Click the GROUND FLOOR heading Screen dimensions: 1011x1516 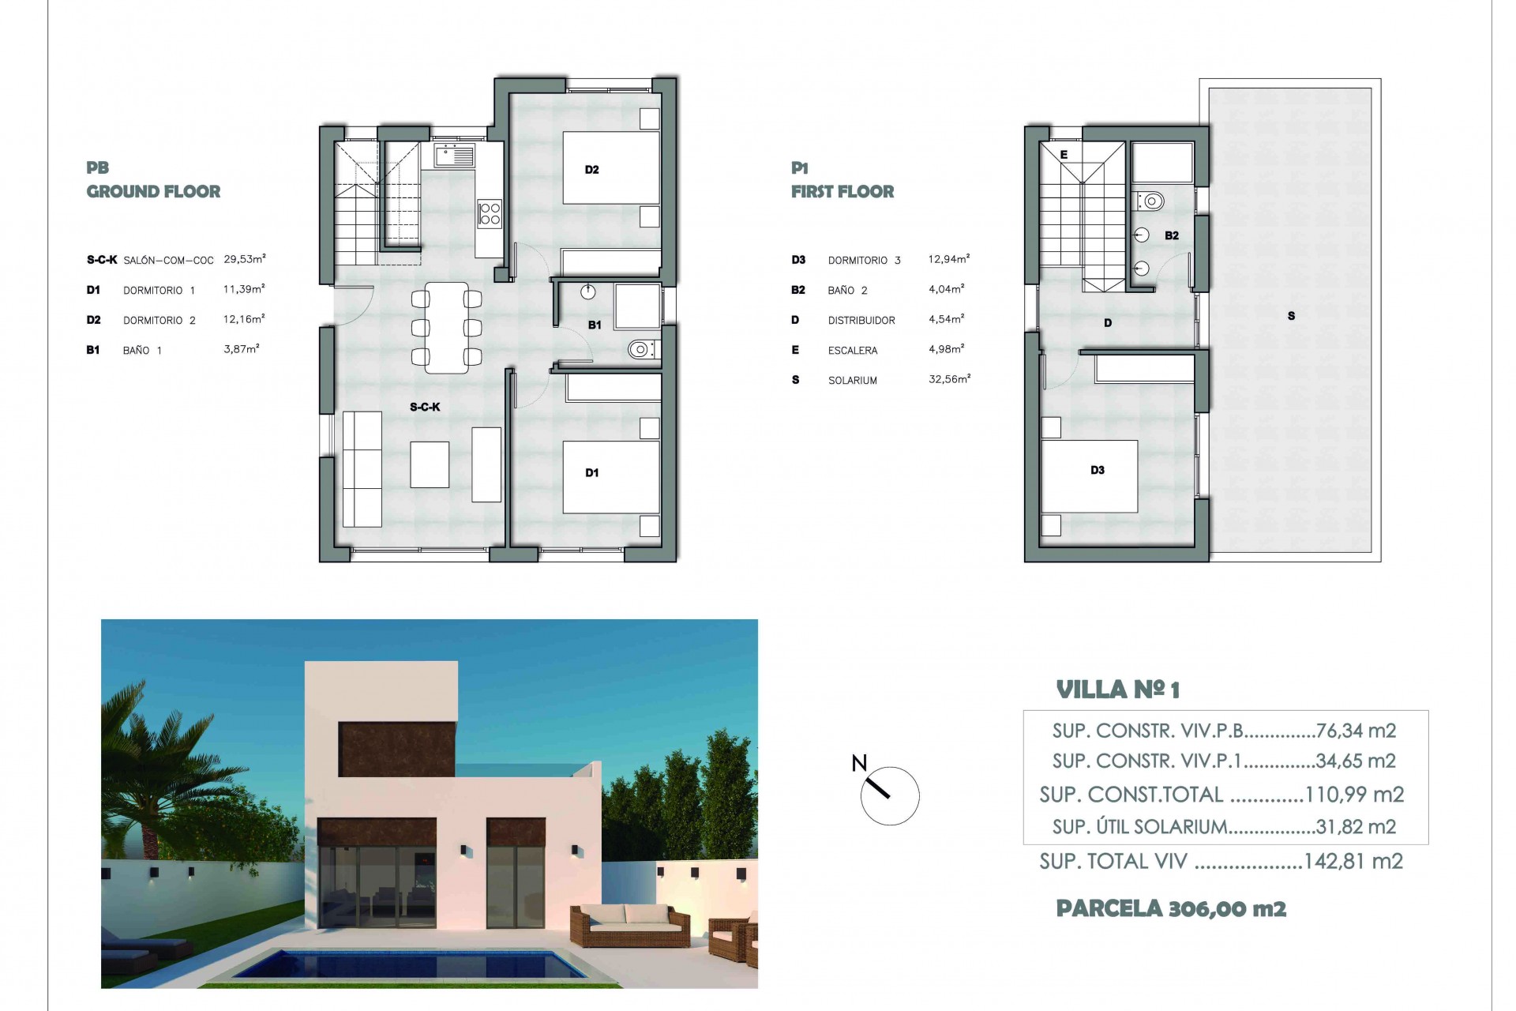[153, 191]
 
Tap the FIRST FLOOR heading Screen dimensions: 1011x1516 [842, 191]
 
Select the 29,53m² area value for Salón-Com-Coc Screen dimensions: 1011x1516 [244, 259]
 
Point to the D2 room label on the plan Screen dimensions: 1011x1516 [591, 170]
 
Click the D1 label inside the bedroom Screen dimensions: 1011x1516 [591, 473]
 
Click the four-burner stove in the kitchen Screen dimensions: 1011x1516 [490, 213]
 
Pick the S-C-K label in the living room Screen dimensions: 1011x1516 [425, 408]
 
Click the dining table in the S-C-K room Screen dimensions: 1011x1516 [447, 328]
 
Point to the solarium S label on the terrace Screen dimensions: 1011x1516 [1291, 316]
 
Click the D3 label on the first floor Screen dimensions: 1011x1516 [1097, 471]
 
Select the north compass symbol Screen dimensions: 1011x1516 [889, 795]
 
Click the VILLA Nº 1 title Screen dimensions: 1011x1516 [1117, 690]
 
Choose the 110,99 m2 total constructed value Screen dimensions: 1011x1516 [1354, 795]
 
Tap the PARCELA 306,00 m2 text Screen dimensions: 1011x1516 [1171, 909]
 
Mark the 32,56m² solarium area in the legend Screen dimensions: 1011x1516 [949, 379]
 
